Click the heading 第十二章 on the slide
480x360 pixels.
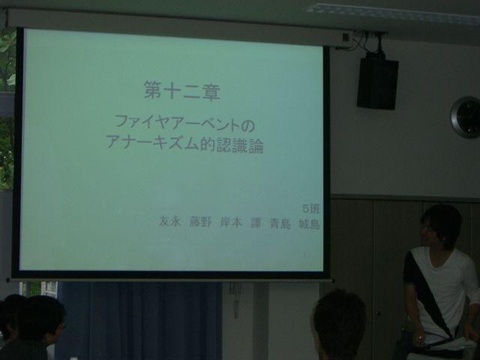[x=182, y=90]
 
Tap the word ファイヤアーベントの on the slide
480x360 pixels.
[x=185, y=123]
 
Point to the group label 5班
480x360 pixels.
[x=311, y=208]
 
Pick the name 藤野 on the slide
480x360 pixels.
[x=200, y=222]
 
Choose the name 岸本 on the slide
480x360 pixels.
[x=231, y=222]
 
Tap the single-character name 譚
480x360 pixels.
[x=256, y=223]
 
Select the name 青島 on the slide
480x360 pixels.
[x=280, y=223]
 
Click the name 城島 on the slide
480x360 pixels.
[x=309, y=224]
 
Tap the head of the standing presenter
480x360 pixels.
[x=441, y=226]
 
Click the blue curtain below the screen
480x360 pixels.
[x=139, y=321]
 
